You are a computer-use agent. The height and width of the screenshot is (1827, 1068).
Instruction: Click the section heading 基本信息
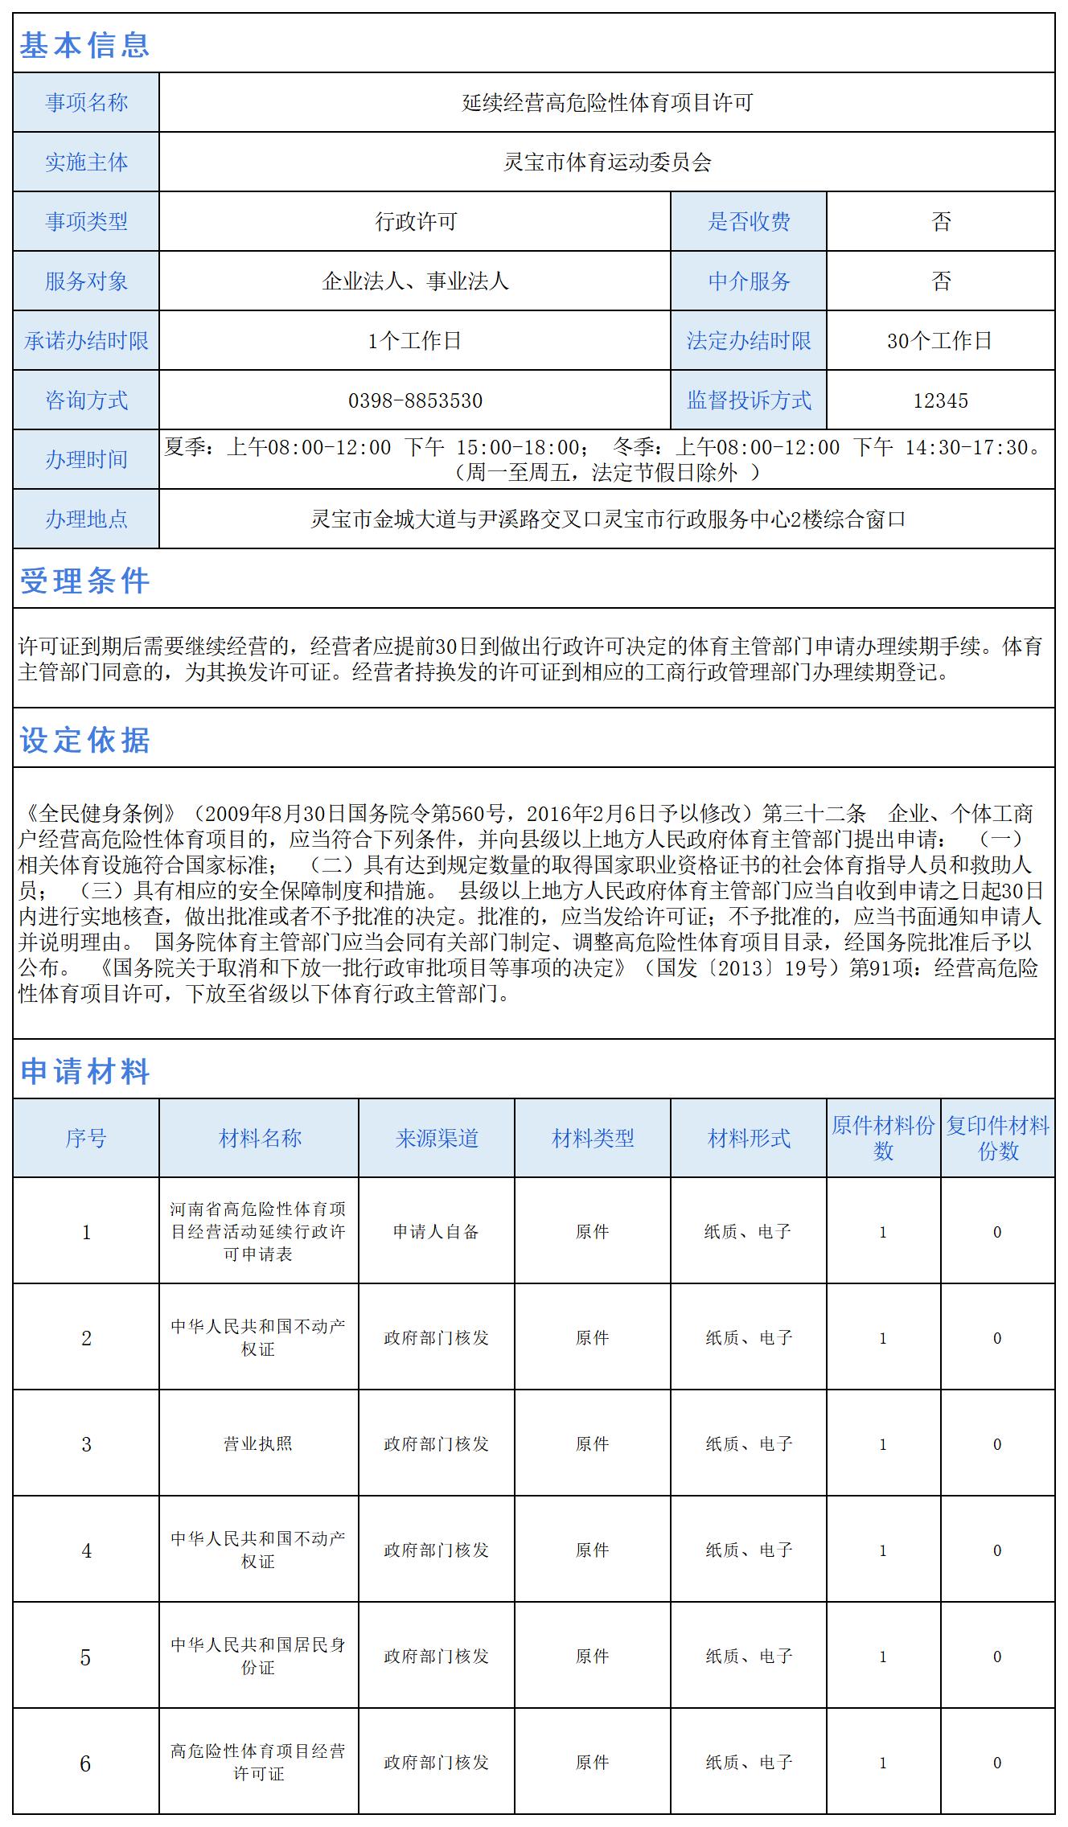(x=84, y=45)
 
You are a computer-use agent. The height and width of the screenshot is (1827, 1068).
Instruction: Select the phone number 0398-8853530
(x=415, y=400)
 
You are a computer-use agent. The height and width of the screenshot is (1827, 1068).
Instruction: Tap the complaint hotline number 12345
(x=940, y=400)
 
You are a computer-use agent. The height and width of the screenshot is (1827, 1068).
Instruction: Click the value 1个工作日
(x=415, y=341)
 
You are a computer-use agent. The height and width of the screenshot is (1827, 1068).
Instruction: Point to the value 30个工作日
(x=940, y=341)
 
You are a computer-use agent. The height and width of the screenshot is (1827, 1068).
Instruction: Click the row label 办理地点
(x=86, y=519)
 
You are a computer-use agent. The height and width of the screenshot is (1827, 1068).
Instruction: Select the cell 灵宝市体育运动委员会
(x=607, y=162)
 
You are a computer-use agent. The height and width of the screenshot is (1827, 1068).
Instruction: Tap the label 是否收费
(x=749, y=222)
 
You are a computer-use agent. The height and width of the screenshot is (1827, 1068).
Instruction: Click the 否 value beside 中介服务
(x=941, y=281)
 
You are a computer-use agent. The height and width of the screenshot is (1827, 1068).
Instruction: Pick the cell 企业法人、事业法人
(x=415, y=281)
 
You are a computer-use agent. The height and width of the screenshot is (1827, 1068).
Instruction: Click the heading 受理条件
(x=84, y=581)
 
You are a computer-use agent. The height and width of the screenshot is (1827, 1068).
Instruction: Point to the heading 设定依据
(x=84, y=740)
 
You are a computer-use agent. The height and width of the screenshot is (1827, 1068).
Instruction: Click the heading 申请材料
(x=84, y=1071)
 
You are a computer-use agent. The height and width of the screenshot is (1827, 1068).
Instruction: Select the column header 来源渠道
(x=437, y=1138)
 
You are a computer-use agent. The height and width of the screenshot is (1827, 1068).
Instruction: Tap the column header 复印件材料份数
(x=997, y=1138)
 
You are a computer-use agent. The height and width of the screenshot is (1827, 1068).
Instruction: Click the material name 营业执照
(x=258, y=1443)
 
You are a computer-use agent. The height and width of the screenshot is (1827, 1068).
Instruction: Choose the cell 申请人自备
(x=437, y=1231)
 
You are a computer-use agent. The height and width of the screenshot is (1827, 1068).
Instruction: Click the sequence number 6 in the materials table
(x=86, y=1763)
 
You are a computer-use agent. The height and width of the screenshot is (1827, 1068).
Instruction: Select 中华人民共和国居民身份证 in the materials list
(x=258, y=1656)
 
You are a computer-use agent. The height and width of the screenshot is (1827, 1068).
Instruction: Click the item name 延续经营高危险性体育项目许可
(x=607, y=103)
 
